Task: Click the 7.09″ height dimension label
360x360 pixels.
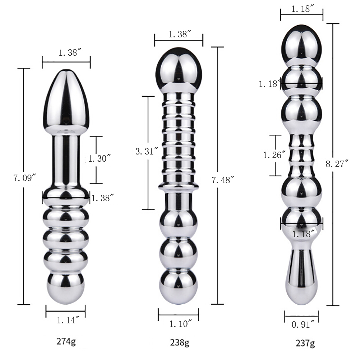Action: (25, 178)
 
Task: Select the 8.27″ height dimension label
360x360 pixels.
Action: (337, 164)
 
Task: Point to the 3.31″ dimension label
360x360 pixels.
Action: (147, 151)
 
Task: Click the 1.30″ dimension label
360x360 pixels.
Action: (99, 158)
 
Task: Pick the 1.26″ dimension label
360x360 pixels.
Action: (275, 155)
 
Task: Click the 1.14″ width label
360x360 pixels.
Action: (68, 320)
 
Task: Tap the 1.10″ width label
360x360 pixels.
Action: (180, 324)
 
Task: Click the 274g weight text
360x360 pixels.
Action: (66, 342)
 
